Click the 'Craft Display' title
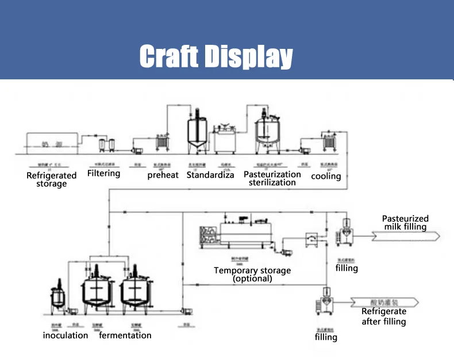tap(216, 56)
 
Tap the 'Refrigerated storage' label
tap(52, 179)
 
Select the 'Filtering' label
tap(104, 173)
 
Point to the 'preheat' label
tap(163, 175)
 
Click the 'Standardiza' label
tap(210, 175)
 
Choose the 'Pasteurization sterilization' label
tap(272, 178)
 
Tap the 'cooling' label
tap(326, 176)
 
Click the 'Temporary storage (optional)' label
tap(252, 274)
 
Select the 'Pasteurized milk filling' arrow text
tap(406, 223)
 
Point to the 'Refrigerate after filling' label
tap(384, 316)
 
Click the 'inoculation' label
tap(66, 335)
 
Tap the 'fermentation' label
tap(125, 335)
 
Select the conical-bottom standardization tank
tap(196, 135)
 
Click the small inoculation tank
tap(58, 296)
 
